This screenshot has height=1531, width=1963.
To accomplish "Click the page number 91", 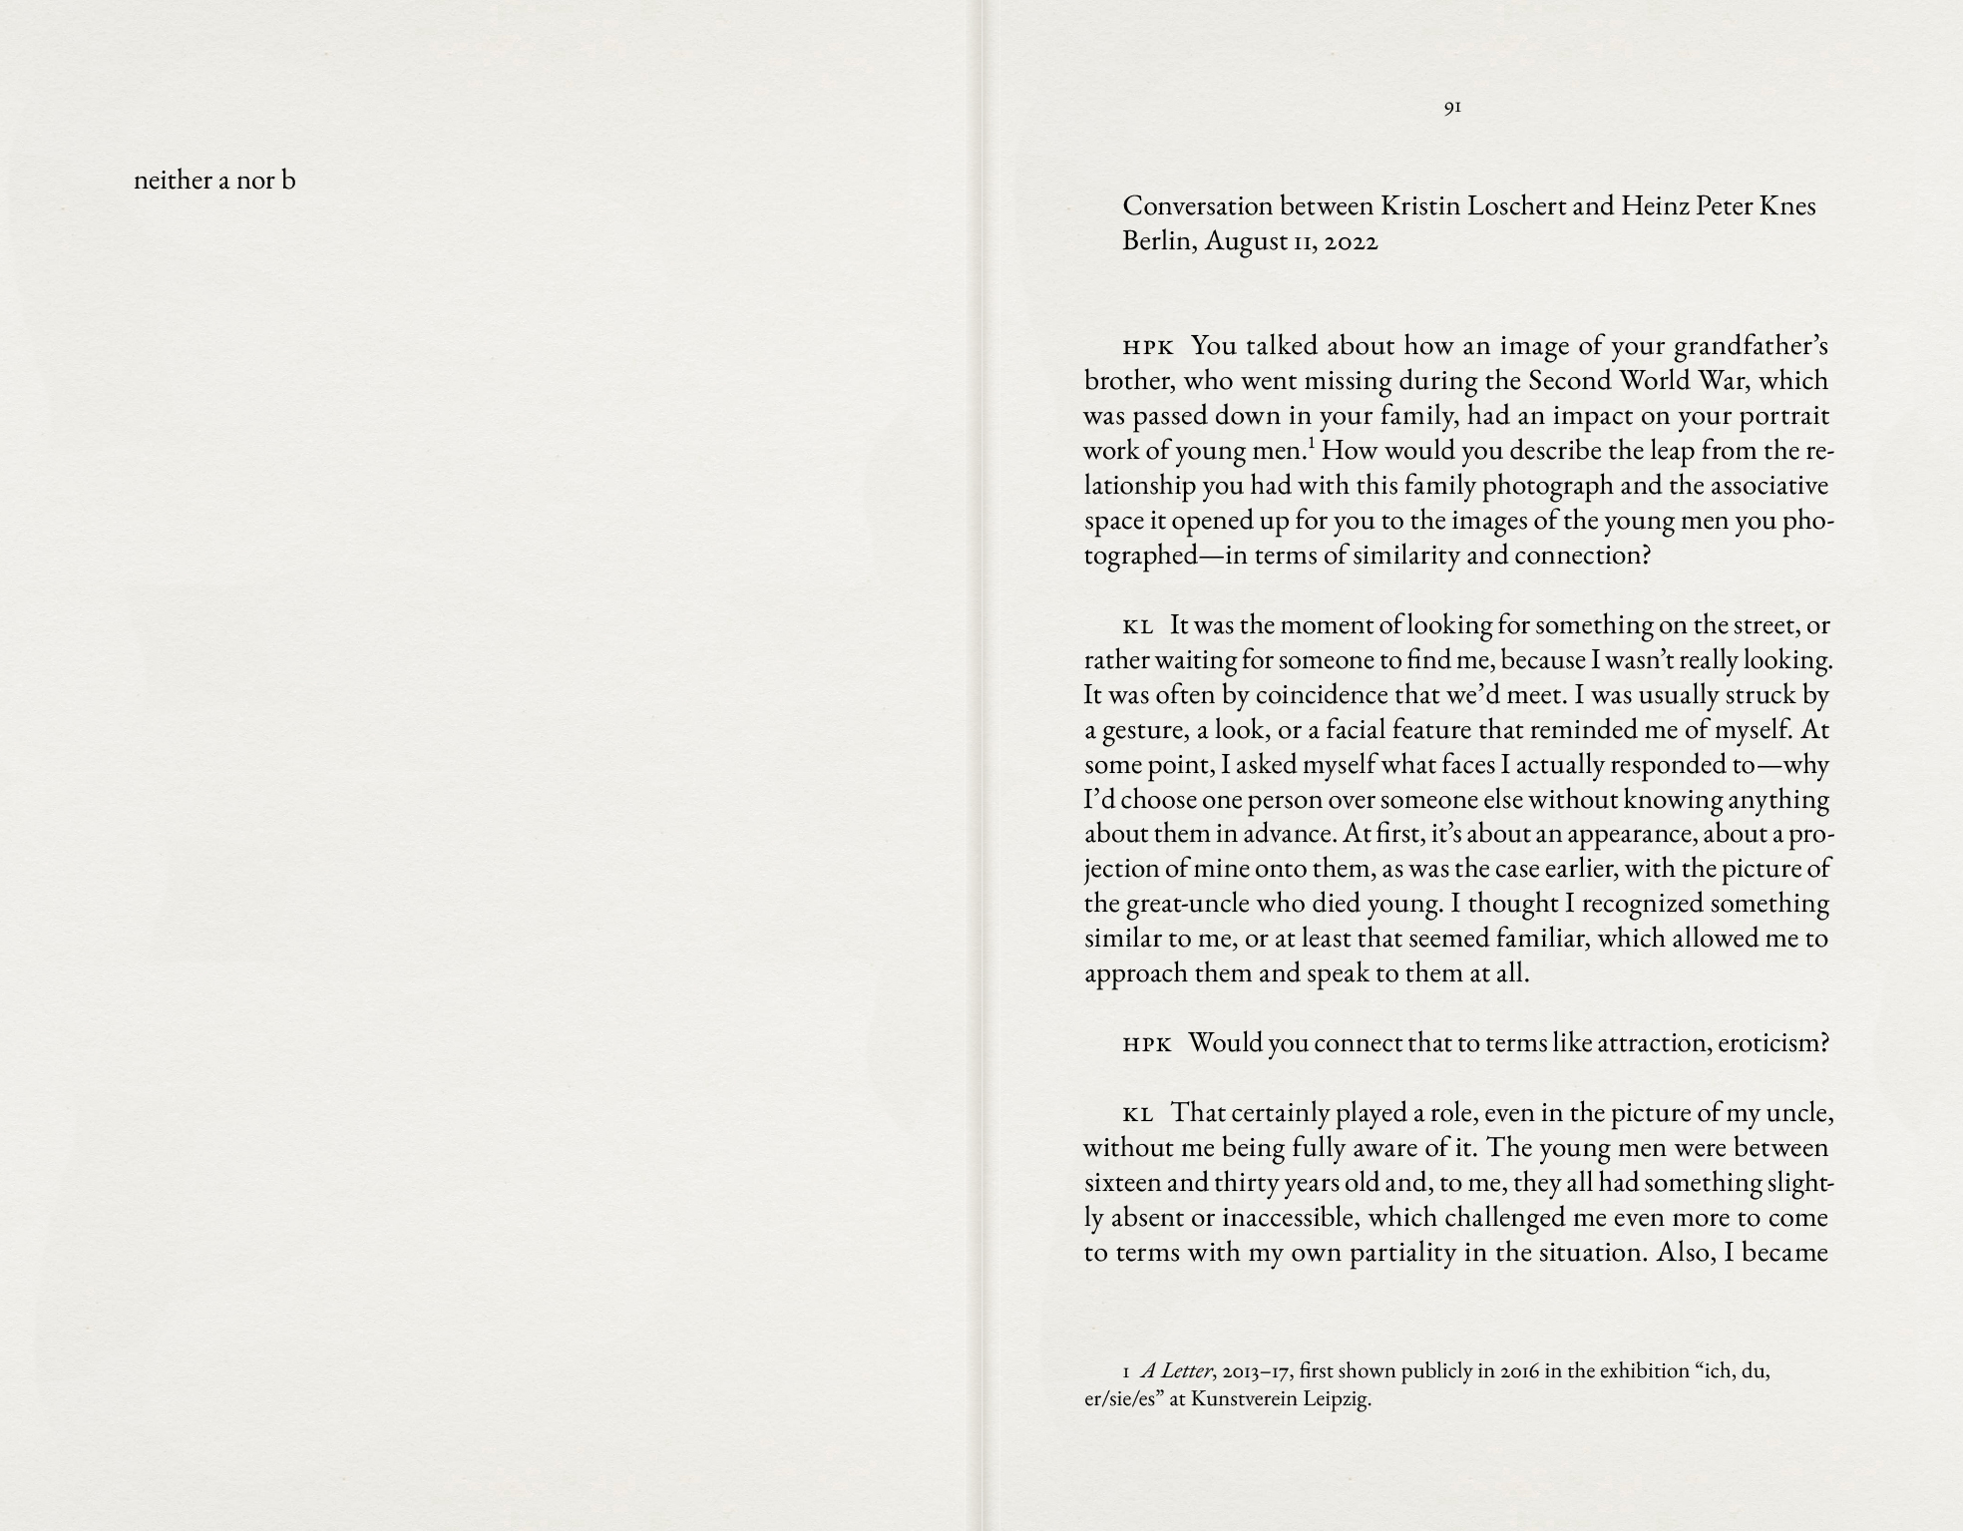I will pyautogui.click(x=1452, y=107).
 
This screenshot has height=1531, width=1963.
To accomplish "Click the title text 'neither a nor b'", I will pyautogui.click(x=214, y=181).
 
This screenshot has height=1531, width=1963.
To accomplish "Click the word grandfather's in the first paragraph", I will pyautogui.click(x=1751, y=346).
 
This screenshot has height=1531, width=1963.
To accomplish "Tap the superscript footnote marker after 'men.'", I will pyautogui.click(x=1312, y=443).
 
